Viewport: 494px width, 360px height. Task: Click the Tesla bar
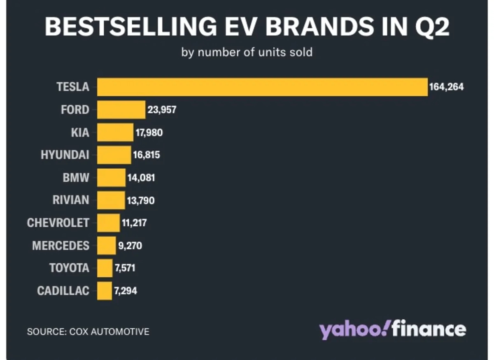[x=262, y=87]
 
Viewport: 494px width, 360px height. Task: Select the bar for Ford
[x=121, y=110]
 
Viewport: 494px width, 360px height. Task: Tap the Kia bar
[x=115, y=132]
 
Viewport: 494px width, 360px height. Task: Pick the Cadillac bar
[x=105, y=290]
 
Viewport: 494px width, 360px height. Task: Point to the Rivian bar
[x=111, y=200]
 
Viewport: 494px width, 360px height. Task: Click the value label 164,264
[x=446, y=87]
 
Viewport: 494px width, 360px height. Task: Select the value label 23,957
[x=162, y=110]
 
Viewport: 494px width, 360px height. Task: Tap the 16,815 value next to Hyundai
[x=146, y=155]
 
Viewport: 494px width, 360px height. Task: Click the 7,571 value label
[x=125, y=268]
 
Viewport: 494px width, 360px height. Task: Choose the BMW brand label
[x=76, y=178]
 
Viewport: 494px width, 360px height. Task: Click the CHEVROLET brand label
[x=58, y=223]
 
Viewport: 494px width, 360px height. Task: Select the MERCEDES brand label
[x=61, y=246]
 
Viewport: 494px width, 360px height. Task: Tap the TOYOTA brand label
[x=69, y=268]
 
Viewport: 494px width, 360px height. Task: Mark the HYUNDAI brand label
[x=65, y=155]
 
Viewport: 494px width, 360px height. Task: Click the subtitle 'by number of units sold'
[x=247, y=53]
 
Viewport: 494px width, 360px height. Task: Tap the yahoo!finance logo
[x=393, y=330]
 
